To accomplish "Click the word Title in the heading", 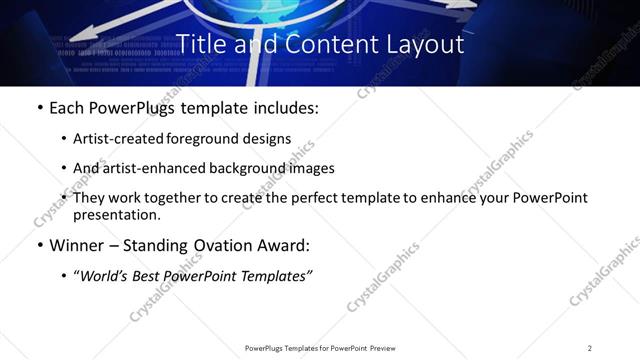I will (x=200, y=44).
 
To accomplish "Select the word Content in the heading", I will (x=319, y=44).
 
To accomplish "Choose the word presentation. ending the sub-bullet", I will (x=117, y=215).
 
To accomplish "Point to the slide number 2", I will (x=589, y=348).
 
